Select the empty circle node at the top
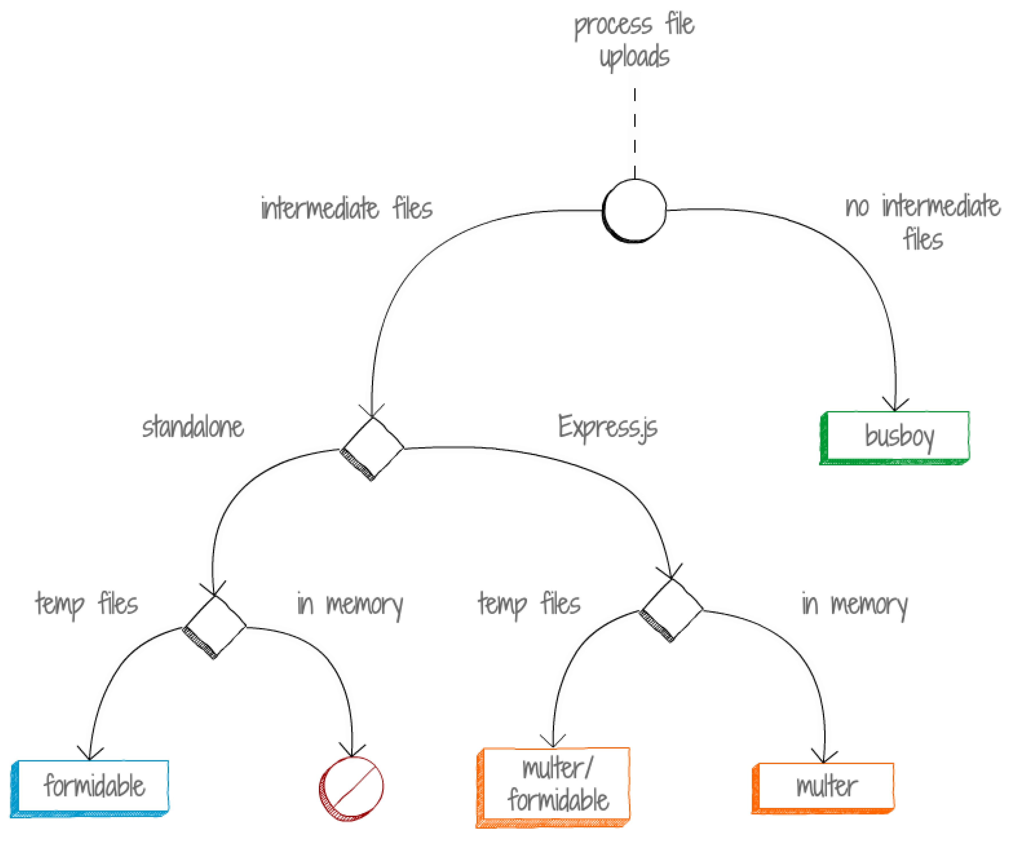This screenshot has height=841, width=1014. pyautogui.click(x=634, y=210)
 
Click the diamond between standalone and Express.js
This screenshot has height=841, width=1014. pyautogui.click(x=372, y=448)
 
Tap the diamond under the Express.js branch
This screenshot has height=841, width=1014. pyautogui.click(x=671, y=609)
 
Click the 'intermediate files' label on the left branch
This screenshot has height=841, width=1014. pyautogui.click(x=346, y=208)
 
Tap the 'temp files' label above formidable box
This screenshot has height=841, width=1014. pyautogui.click(x=87, y=604)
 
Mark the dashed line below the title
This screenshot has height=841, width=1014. pyautogui.click(x=634, y=133)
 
